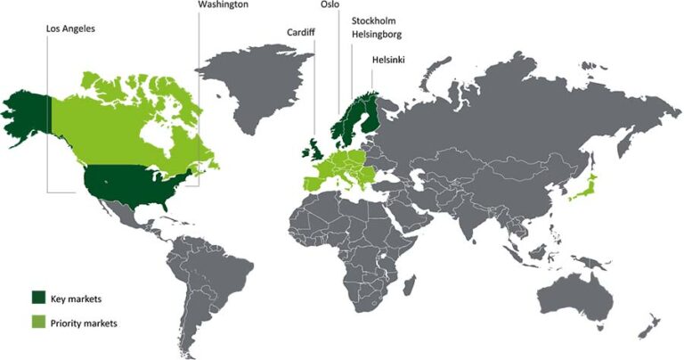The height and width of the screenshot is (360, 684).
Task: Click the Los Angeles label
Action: tap(70, 28)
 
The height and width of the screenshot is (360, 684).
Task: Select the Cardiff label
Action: tap(300, 31)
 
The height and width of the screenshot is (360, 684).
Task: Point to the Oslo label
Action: tap(329, 4)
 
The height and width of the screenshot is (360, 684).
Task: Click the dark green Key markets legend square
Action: tap(38, 296)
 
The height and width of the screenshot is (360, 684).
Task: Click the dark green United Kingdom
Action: tap(313, 148)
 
